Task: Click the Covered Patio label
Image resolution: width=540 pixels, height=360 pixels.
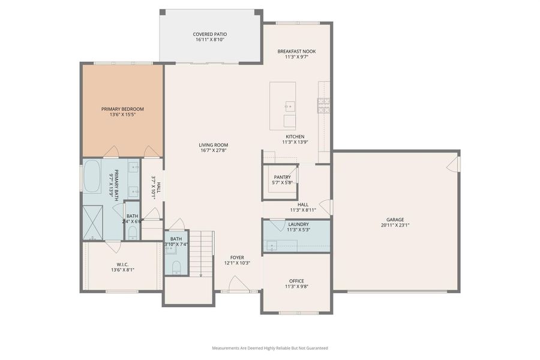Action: (210, 34)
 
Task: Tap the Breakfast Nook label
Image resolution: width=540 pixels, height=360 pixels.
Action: (296, 52)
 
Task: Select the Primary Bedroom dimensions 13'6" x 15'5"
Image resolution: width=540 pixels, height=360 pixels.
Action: (122, 115)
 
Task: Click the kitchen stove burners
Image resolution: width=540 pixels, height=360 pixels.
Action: (323, 106)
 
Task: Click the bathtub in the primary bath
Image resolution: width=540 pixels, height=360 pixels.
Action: (92, 176)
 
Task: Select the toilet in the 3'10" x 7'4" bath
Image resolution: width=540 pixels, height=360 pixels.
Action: (176, 266)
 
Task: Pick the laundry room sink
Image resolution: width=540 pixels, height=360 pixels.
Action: (273, 245)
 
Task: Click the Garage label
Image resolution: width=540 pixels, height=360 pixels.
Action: (396, 220)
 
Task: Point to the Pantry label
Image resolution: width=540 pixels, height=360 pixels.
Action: (282, 177)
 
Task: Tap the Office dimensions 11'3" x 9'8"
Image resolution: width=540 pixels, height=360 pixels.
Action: (296, 287)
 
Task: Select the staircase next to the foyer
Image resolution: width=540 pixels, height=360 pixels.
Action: (203, 252)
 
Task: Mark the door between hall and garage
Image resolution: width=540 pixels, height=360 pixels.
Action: (326, 207)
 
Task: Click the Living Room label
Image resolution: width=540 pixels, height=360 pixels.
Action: (214, 145)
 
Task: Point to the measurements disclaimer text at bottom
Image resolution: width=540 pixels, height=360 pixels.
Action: (269, 348)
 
